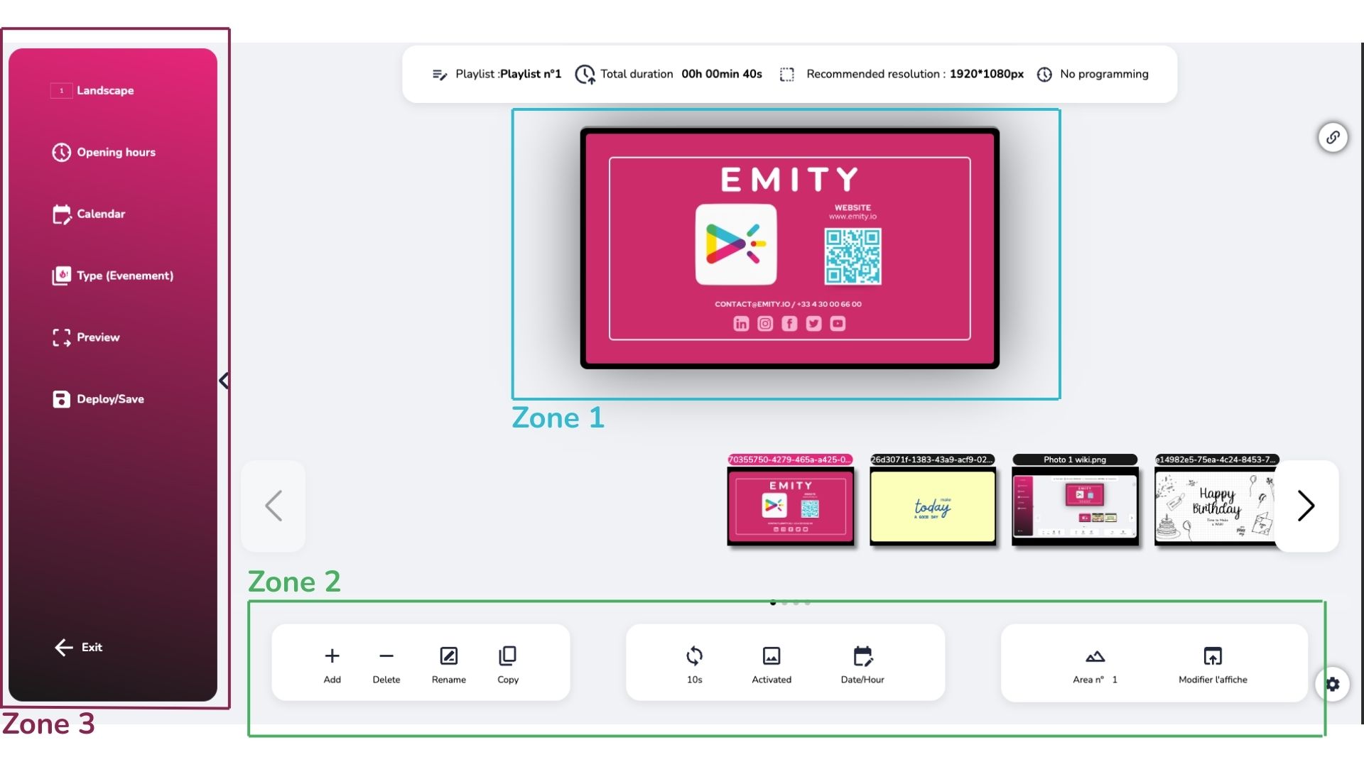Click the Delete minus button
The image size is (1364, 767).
point(386,663)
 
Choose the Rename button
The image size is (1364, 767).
point(448,663)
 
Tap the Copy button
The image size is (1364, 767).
point(508,663)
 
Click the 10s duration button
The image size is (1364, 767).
point(694,663)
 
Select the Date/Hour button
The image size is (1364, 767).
point(862,663)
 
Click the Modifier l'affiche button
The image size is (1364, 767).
point(1213,663)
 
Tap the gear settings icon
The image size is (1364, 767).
point(1332,684)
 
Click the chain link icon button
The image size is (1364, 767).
point(1333,137)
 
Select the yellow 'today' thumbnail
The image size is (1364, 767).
point(932,506)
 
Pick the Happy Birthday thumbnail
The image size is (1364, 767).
point(1216,506)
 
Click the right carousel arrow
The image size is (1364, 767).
point(1306,506)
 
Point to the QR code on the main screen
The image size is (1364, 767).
point(852,256)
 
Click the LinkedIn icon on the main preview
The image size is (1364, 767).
point(741,324)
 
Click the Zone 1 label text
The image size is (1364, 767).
point(558,418)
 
